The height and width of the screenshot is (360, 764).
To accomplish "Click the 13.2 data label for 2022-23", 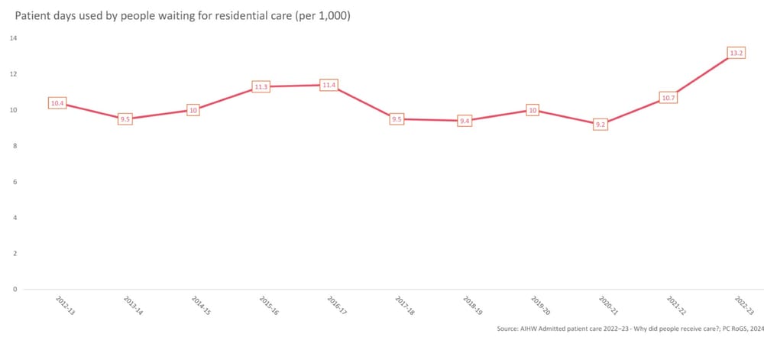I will pyautogui.click(x=736, y=54).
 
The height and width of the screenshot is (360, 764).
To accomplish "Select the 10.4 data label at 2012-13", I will pyautogui.click(x=57, y=102).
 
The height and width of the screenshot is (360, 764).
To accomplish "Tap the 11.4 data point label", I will pyautogui.click(x=329, y=85).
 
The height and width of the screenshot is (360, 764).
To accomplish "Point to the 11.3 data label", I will pyautogui.click(x=261, y=86).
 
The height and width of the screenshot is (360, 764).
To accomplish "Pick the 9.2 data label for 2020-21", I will pyautogui.click(x=601, y=124).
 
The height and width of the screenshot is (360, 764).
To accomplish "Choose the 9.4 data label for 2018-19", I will pyautogui.click(x=465, y=121).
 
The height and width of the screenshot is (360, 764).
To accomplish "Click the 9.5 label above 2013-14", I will pyautogui.click(x=125, y=118).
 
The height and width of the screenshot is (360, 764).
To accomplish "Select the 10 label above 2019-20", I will pyautogui.click(x=533, y=110).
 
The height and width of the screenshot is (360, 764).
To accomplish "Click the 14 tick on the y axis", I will pyautogui.click(x=14, y=38).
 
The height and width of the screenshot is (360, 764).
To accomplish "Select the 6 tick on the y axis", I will pyautogui.click(x=15, y=182).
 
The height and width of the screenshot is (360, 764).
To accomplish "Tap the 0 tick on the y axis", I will pyautogui.click(x=15, y=289).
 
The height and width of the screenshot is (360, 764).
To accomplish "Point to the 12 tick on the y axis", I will pyautogui.click(x=14, y=74).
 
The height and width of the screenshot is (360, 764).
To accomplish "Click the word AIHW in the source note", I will pyautogui.click(x=535, y=329).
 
